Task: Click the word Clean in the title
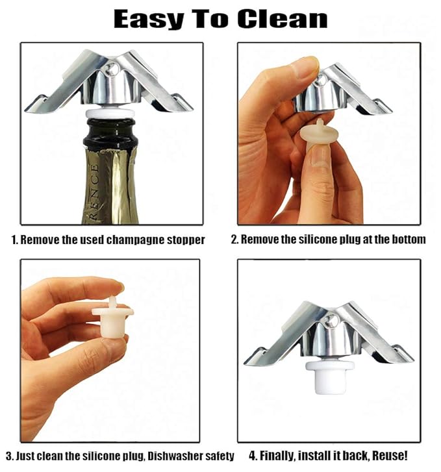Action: click(x=283, y=19)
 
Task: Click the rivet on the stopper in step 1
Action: click(x=112, y=70)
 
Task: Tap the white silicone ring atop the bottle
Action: click(x=110, y=114)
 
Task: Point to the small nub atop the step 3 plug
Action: click(x=113, y=302)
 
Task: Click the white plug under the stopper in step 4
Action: click(x=330, y=377)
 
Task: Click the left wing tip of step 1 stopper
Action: click(x=26, y=110)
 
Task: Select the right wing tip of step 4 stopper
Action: click(x=412, y=360)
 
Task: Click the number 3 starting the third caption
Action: click(x=8, y=456)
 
